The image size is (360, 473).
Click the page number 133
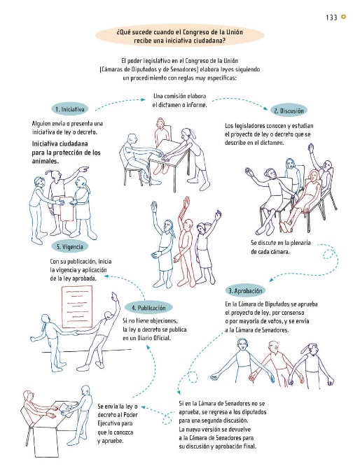331,17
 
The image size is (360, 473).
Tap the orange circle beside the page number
343,17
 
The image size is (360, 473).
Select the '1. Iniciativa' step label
70,109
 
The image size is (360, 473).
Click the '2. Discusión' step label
289,111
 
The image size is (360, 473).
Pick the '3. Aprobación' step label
245,291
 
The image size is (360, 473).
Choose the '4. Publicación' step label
149,308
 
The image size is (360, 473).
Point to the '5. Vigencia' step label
70,246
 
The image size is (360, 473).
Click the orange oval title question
180,36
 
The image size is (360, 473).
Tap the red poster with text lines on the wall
77,306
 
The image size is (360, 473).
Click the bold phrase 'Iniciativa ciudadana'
60,144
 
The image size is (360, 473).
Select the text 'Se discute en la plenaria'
281,243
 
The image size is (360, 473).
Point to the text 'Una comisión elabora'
180,97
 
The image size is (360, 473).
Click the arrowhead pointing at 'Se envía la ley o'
143,407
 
